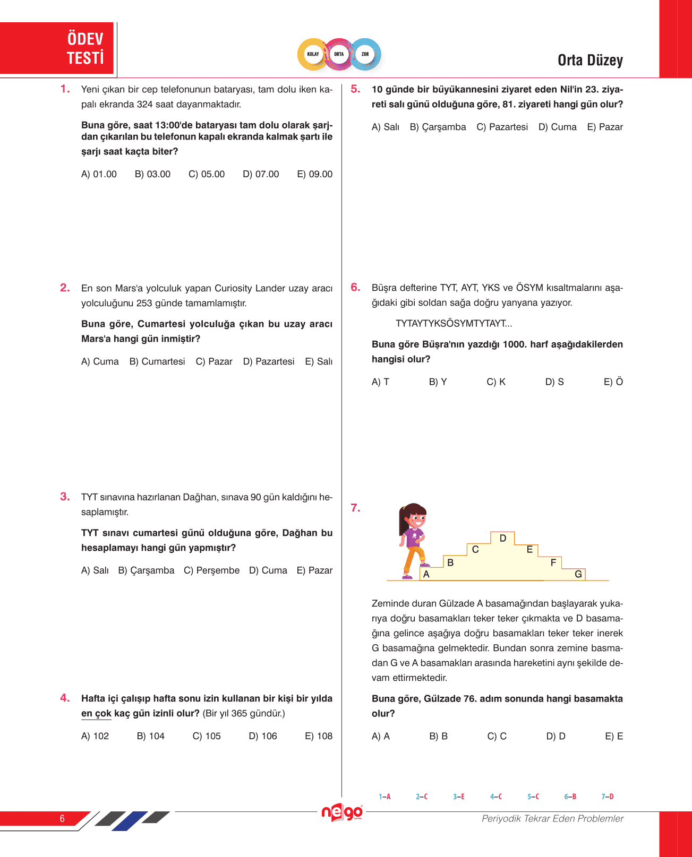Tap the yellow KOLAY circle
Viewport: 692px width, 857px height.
tap(313, 54)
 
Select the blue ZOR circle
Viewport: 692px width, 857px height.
tap(365, 54)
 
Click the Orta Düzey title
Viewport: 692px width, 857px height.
tap(590, 60)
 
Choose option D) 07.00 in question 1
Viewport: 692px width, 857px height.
tap(261, 174)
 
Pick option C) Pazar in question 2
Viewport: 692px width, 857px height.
tap(214, 361)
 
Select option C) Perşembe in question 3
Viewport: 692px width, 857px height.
tap(211, 570)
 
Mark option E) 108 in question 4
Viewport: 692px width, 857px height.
tap(319, 736)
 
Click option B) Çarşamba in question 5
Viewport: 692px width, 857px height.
tap(438, 127)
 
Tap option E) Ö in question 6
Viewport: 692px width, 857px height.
tap(613, 382)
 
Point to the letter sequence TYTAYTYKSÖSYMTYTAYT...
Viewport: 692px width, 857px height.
tap(454, 324)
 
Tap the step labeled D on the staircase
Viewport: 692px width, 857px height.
tap(503, 538)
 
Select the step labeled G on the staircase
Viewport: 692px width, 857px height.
tap(578, 574)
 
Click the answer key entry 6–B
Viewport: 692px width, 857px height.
tap(570, 797)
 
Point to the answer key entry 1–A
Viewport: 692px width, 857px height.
tap(385, 797)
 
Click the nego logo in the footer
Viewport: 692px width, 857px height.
tap(343, 812)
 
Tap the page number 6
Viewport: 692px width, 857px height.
tap(62, 818)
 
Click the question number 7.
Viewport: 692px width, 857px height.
tap(355, 508)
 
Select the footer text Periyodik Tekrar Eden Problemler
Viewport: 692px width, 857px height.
tap(552, 818)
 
